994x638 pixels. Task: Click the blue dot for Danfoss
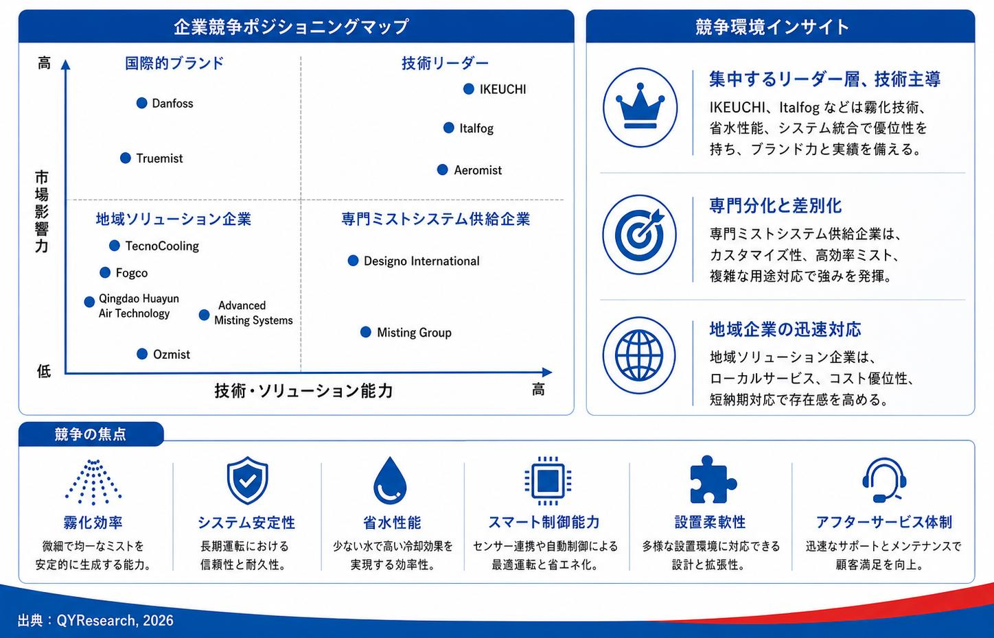coord(141,103)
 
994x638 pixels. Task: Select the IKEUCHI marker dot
coord(469,89)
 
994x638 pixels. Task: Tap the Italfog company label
coord(476,128)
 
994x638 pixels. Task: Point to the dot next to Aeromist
coord(442,169)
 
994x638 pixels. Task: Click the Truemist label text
coord(159,158)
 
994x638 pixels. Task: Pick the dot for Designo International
coord(353,261)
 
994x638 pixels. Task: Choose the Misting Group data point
coord(366,331)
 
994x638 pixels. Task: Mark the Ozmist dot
coord(142,354)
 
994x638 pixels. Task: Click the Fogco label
coord(132,272)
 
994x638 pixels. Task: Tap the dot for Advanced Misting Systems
coord(204,315)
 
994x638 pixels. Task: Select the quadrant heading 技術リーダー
coord(445,63)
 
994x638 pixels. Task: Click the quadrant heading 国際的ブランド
coord(174,63)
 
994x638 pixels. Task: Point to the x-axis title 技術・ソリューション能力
coord(303,390)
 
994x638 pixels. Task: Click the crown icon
coord(640,107)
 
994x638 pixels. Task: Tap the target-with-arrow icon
coord(640,234)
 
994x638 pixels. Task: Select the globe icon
coord(639,355)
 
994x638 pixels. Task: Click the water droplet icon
coord(390,481)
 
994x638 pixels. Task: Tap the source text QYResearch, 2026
coord(115,620)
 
